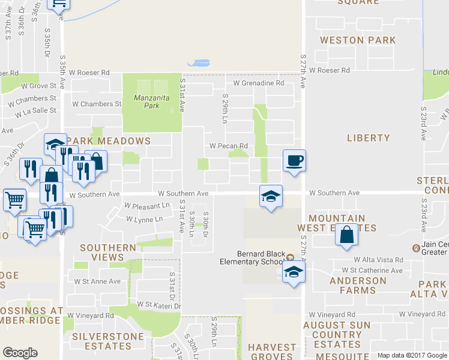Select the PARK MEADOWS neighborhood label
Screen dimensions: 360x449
[x=109, y=140]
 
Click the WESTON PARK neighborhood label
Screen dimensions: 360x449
[x=358, y=40]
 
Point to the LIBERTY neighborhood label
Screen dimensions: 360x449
[x=369, y=138]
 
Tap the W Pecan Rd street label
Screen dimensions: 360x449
[x=229, y=146]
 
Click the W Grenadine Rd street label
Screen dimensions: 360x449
[x=259, y=83]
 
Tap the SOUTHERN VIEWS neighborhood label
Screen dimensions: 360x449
[x=108, y=252]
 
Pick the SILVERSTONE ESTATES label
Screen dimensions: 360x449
[x=101, y=341]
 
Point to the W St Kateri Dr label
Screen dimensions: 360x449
[x=158, y=305]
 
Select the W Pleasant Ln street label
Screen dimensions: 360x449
[x=148, y=205]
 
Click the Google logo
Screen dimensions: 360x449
[x=20, y=353]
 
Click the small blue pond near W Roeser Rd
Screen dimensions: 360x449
[x=199, y=62]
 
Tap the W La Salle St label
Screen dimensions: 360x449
[x=35, y=111]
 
